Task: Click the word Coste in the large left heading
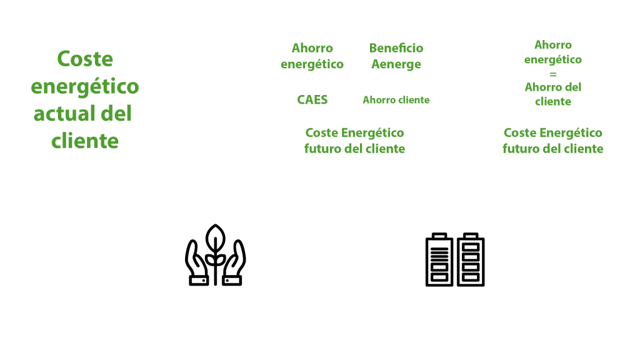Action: [85, 59]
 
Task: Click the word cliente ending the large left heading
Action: [85, 141]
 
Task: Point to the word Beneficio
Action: [396, 48]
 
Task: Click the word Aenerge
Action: [396, 64]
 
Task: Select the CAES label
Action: [312, 100]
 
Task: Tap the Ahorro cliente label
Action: [396, 100]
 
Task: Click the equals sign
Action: [553, 75]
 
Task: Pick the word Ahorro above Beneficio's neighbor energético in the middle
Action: [312, 48]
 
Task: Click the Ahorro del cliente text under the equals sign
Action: [553, 94]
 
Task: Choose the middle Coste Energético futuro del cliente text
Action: [355, 141]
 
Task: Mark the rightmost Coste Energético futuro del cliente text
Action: [553, 141]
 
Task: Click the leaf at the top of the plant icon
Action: [215, 237]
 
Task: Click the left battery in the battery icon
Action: [439, 259]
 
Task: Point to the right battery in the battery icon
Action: [471, 259]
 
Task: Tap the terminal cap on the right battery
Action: [471, 236]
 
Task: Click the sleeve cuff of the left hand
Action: [199, 281]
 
